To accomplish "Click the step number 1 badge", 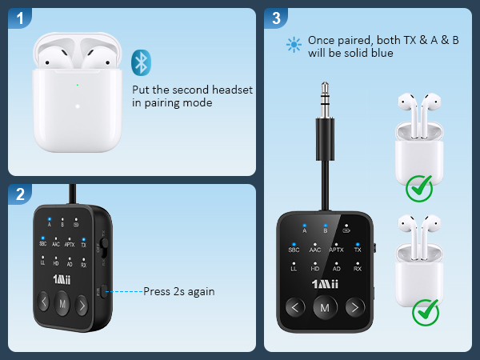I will [x=18, y=17].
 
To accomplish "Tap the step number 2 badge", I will [x=18, y=194].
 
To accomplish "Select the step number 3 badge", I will [x=276, y=17].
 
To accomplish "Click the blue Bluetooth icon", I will [x=141, y=62].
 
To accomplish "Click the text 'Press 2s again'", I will [x=178, y=291].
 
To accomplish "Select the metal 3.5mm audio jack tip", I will [x=325, y=94].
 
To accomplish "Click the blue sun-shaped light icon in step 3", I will [x=293, y=46].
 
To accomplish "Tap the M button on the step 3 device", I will [x=325, y=307].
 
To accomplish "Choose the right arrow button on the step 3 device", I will [x=354, y=307].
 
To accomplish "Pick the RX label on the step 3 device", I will [x=358, y=269].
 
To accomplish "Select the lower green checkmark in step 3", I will [x=425, y=312].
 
